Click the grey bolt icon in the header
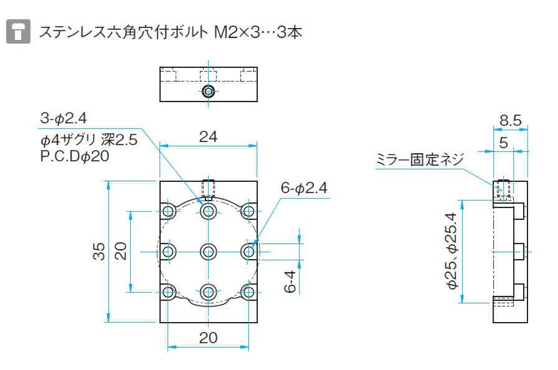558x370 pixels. click(x=19, y=31)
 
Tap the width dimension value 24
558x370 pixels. click(x=208, y=136)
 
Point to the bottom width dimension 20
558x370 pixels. click(x=208, y=338)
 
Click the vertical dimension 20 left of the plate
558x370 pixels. click(x=121, y=251)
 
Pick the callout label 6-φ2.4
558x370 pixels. click(x=304, y=187)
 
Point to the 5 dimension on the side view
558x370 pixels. click(x=503, y=143)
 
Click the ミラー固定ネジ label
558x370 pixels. click(x=419, y=160)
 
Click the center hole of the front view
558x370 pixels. click(x=209, y=252)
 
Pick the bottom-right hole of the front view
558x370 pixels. click(x=249, y=292)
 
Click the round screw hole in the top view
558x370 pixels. click(x=209, y=92)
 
